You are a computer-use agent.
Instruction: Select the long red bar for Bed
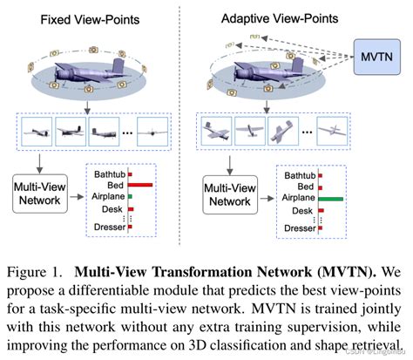pos(141,185)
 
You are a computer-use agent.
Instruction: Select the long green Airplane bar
pos(331,199)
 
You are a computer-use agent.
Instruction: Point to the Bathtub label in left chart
pos(109,173)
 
